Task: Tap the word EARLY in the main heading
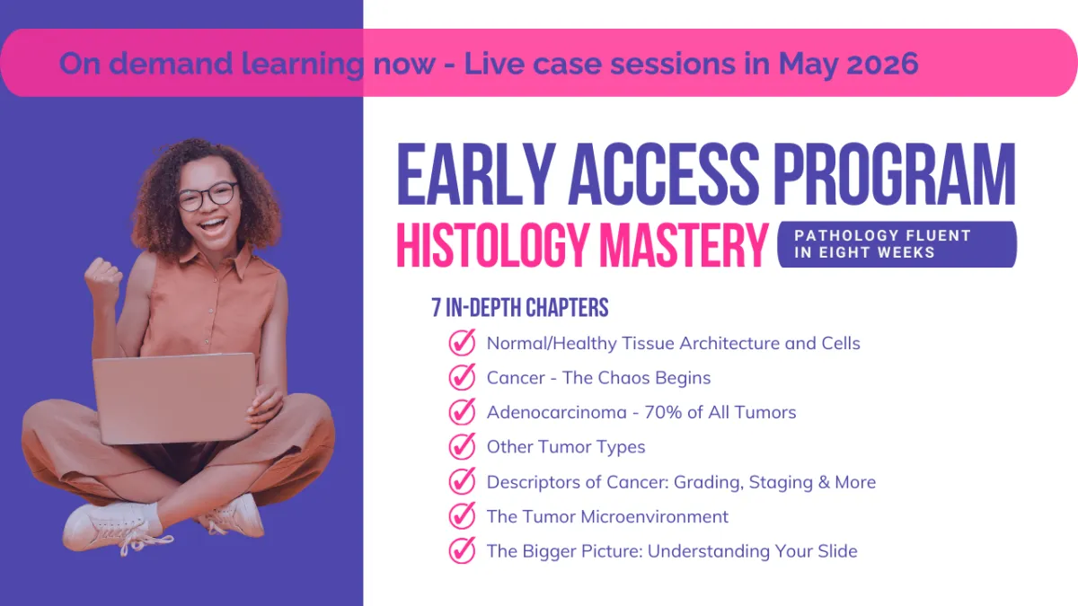(x=476, y=174)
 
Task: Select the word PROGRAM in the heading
(x=894, y=174)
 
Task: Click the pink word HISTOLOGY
(x=493, y=244)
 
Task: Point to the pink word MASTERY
(x=683, y=244)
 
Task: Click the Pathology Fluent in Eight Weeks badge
(x=897, y=244)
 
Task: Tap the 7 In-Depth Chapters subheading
(x=520, y=307)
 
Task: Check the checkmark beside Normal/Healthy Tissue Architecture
(x=462, y=342)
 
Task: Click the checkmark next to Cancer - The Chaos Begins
(x=462, y=377)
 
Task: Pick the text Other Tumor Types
(x=566, y=447)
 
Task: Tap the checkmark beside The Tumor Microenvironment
(x=462, y=516)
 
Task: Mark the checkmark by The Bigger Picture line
(x=462, y=550)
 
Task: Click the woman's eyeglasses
(x=208, y=197)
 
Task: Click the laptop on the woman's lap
(x=174, y=399)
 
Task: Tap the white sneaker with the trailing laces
(x=116, y=528)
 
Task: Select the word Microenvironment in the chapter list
(x=655, y=516)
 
